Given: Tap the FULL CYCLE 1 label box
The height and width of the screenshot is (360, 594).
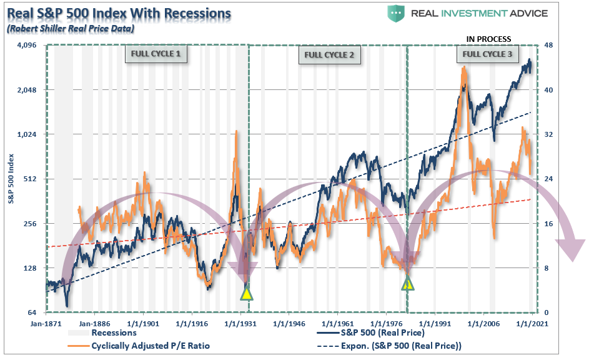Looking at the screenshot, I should pos(156,54).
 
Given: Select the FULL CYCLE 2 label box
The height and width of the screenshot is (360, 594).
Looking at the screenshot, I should pos(329,54).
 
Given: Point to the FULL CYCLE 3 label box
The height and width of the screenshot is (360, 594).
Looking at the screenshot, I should pos(487,54).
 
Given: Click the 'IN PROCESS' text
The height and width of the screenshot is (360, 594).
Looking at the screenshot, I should pos(488,39).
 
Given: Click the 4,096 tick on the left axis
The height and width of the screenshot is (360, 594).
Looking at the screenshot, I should pos(26,46).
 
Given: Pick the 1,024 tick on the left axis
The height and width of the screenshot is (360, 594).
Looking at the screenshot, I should pos(26,134).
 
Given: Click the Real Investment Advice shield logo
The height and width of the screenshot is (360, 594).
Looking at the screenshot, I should pos(396,13).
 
